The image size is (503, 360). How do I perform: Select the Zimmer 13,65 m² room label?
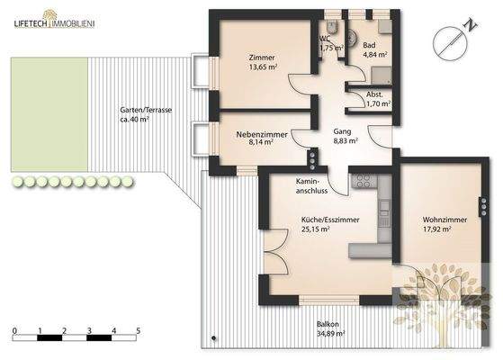263,62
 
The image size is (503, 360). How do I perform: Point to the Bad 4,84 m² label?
374,49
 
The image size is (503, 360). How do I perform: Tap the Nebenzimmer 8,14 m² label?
262,138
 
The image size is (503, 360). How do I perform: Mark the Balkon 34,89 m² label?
329,328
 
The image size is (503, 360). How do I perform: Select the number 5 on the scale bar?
139,331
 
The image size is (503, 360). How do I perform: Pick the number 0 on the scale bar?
14,331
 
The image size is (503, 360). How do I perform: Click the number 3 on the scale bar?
89,331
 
